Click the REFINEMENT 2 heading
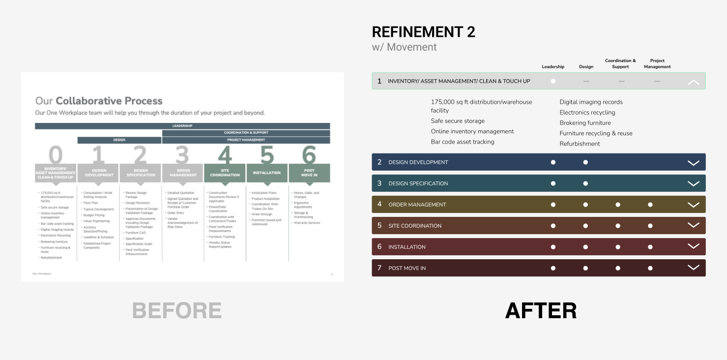(423, 32)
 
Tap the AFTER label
(541, 311)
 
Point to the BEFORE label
(177, 311)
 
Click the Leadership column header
(553, 67)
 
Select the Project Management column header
(657, 64)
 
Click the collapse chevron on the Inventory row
(693, 82)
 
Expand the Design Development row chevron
(693, 163)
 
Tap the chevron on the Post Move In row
(693, 268)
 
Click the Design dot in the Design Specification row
(585, 183)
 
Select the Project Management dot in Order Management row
(650, 205)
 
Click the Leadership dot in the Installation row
(553, 247)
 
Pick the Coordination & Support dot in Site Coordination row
(618, 226)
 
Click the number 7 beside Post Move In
(379, 268)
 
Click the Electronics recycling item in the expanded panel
(587, 113)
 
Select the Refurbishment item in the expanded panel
(580, 144)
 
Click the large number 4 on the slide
(225, 155)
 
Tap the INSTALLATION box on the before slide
(266, 173)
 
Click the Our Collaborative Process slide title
(99, 101)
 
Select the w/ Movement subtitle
(404, 47)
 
